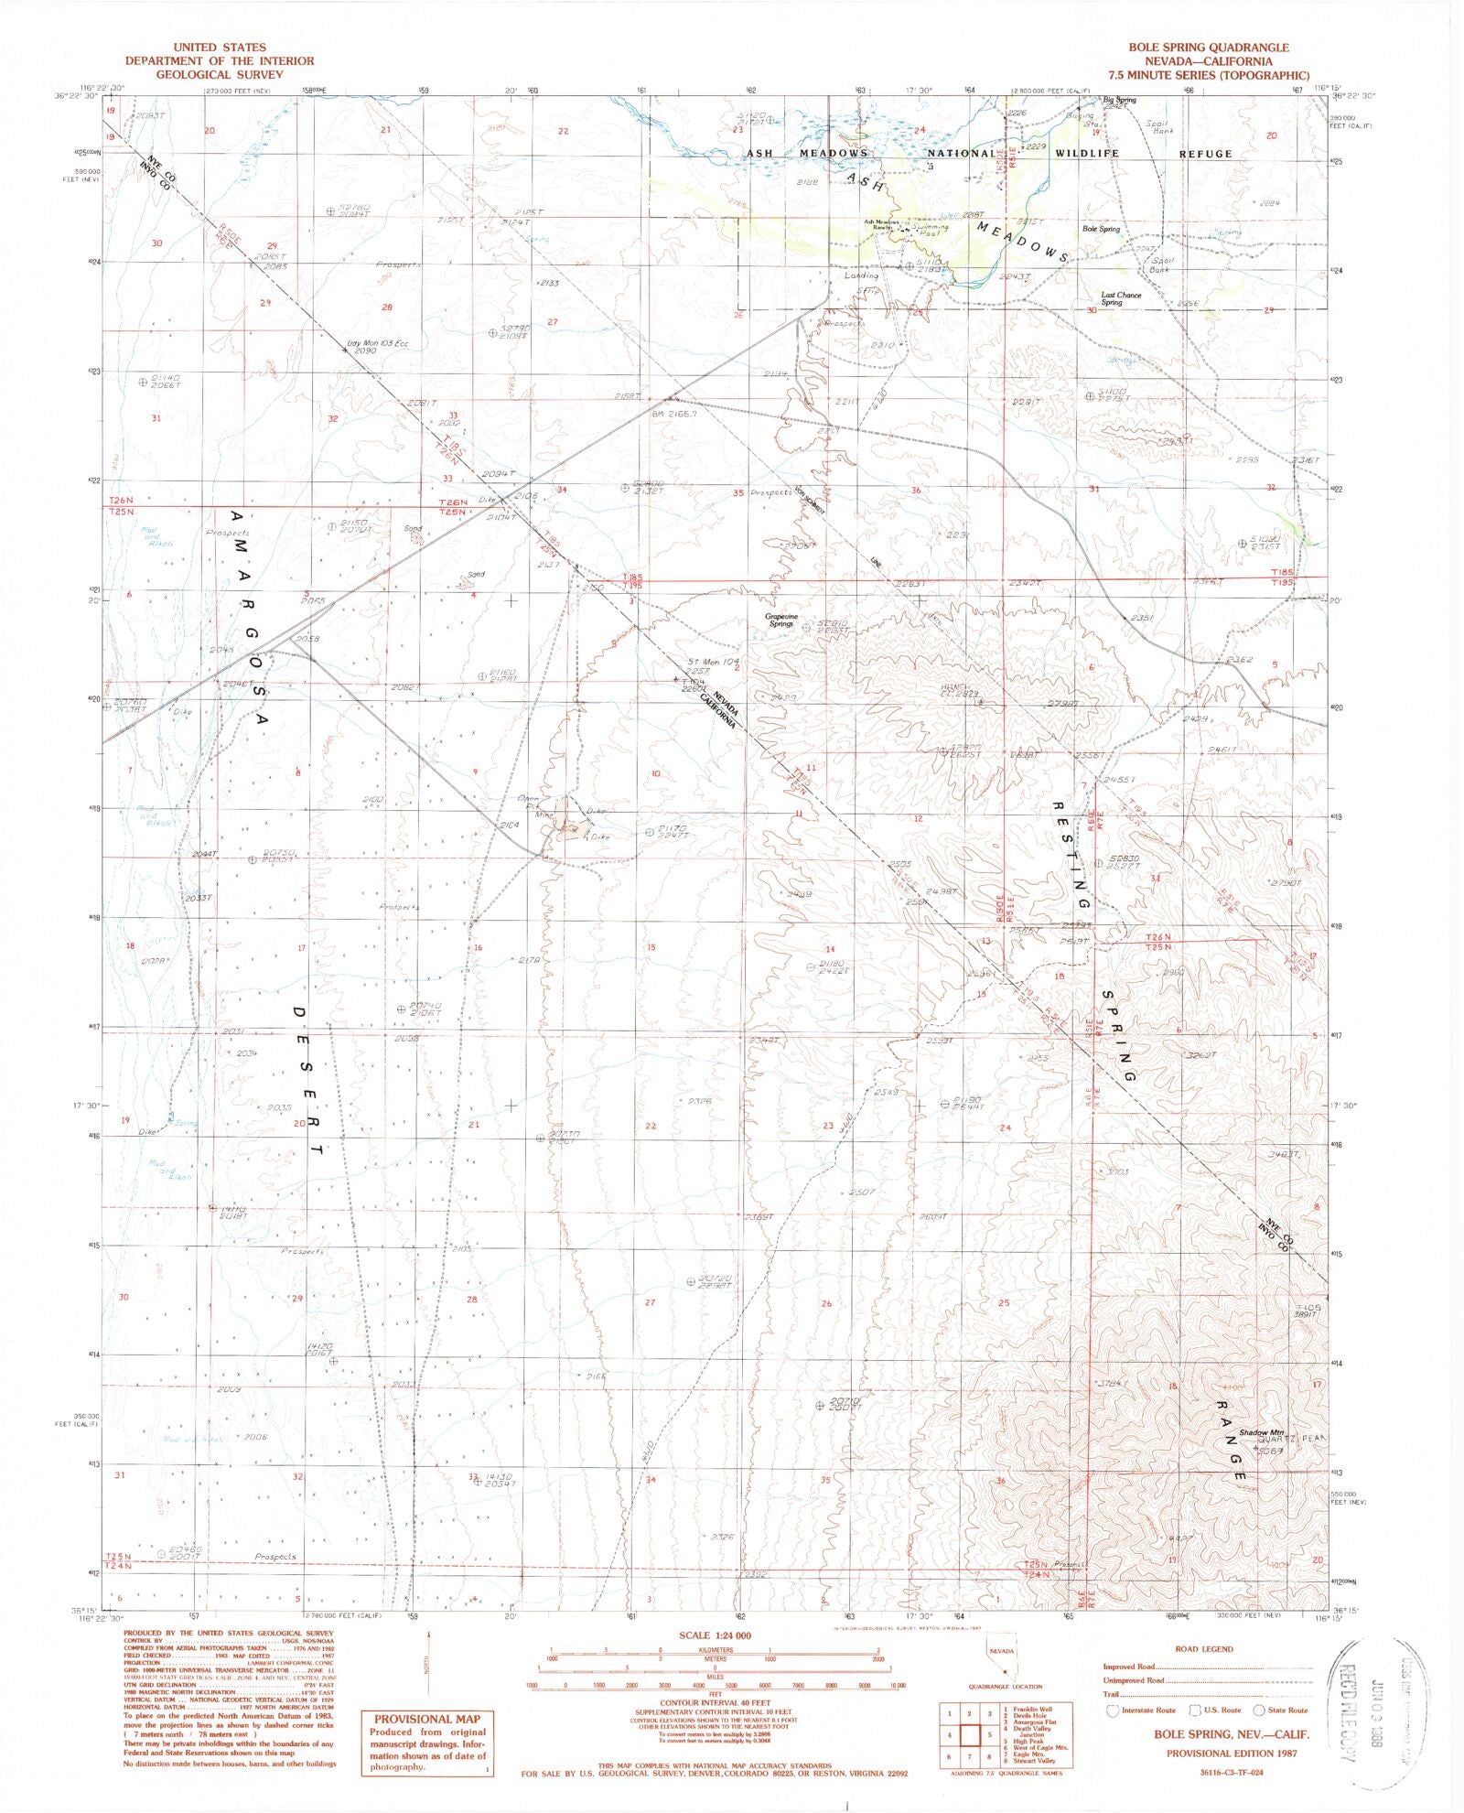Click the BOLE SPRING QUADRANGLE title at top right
[x=1208, y=47]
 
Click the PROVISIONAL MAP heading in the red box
[x=426, y=1719]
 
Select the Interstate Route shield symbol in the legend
[x=1113, y=1710]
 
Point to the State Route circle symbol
[x=1259, y=1710]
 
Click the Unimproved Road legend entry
[x=1134, y=1679]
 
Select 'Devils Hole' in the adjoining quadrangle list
[x=1025, y=1714]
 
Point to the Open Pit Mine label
[x=536, y=805]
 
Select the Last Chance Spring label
[x=1121, y=298]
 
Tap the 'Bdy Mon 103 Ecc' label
[x=377, y=343]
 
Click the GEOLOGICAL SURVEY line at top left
[x=219, y=74]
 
